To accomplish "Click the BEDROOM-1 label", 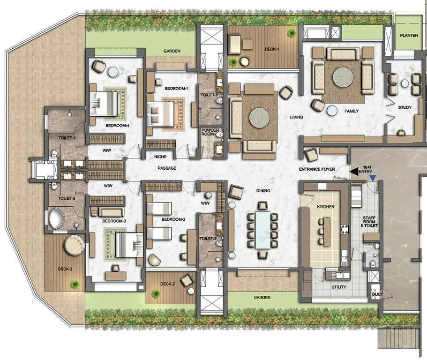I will (x=176, y=88).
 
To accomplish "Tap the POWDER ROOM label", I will (x=207, y=132).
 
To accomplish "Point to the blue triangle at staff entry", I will (x=372, y=178).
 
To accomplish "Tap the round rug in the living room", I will (x=259, y=118).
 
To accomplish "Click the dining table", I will (x=262, y=230).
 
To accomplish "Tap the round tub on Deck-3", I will (x=74, y=245).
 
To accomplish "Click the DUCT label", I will (x=376, y=295).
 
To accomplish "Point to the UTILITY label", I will (x=339, y=287).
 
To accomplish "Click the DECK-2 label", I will (x=168, y=283).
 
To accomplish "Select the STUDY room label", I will (x=405, y=107).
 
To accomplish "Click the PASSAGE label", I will (x=167, y=168).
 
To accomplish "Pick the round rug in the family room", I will (x=344, y=78).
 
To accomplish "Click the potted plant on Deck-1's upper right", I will (x=292, y=33).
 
